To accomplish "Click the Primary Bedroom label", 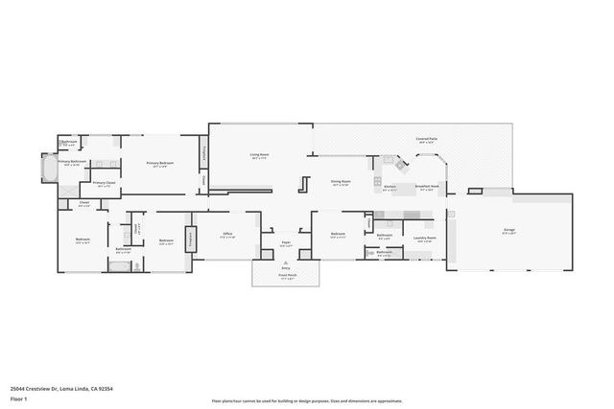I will [x=159, y=164].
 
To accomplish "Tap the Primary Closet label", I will [x=104, y=183].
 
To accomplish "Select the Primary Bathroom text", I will [x=72, y=162].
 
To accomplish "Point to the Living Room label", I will [x=259, y=155].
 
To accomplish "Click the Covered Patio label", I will [x=428, y=139].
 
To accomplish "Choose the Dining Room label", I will [x=342, y=181].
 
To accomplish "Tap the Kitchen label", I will [x=390, y=187].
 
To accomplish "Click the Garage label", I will [x=508, y=231].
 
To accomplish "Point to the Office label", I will [x=227, y=233].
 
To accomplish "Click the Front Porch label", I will [x=287, y=276].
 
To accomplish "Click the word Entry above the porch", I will [x=286, y=267].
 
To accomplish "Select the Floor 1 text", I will [x=18, y=398].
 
